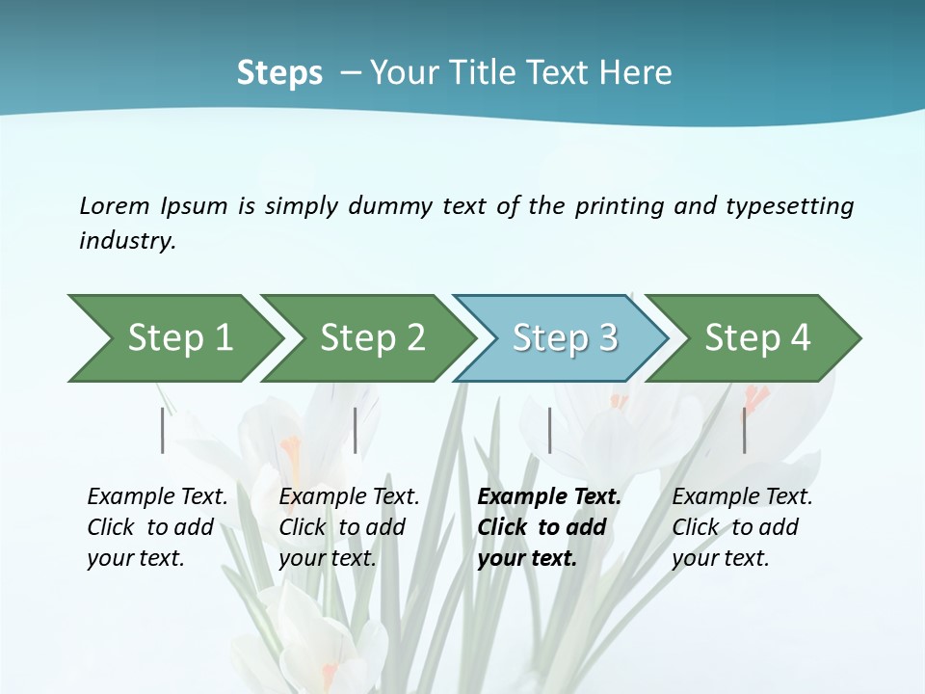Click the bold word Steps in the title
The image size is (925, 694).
(279, 73)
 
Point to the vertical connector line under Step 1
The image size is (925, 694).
(163, 430)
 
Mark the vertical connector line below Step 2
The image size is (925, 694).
(356, 430)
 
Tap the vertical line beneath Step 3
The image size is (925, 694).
(550, 430)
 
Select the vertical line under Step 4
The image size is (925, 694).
(744, 430)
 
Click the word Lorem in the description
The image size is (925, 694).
(115, 205)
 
